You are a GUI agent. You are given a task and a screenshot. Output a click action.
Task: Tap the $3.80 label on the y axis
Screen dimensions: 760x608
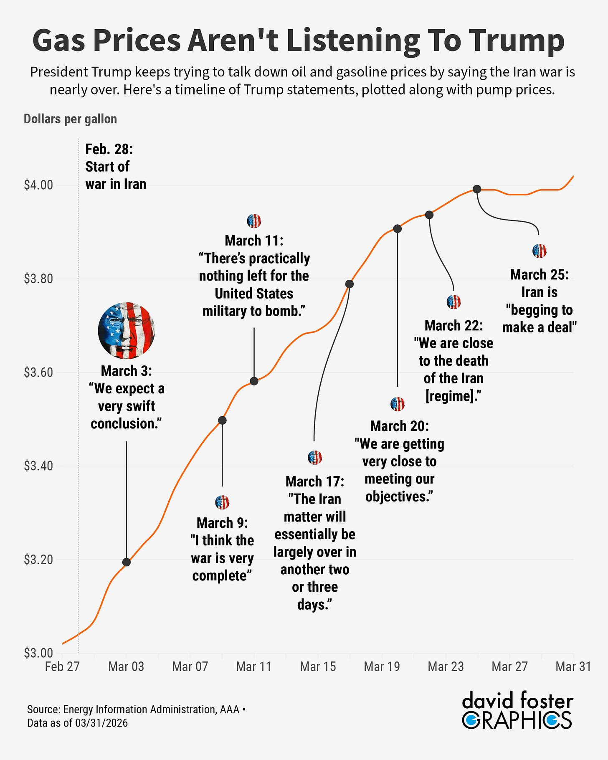pyautogui.click(x=38, y=279)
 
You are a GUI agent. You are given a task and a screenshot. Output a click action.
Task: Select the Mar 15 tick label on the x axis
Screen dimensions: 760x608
pyautogui.click(x=318, y=666)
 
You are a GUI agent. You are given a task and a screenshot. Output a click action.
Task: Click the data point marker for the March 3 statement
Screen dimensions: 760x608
pyautogui.click(x=127, y=562)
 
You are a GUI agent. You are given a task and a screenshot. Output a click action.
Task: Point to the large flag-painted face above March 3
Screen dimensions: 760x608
pyautogui.click(x=127, y=330)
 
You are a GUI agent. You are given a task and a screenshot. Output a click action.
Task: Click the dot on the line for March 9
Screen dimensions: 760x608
pyautogui.click(x=222, y=420)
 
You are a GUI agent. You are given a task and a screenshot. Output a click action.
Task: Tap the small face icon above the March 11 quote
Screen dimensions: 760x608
pyautogui.click(x=254, y=220)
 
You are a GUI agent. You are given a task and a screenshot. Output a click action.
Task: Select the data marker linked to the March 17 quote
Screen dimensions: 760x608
pyautogui.click(x=350, y=284)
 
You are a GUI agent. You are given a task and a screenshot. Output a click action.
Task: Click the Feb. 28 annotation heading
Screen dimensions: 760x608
pyautogui.click(x=109, y=149)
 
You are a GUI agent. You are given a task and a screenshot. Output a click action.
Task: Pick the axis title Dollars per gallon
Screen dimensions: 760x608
pyautogui.click(x=70, y=119)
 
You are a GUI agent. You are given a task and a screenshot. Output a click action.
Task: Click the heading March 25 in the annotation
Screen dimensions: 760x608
pyautogui.click(x=539, y=274)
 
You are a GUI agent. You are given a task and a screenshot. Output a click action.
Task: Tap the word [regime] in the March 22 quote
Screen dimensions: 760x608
pyautogui.click(x=451, y=396)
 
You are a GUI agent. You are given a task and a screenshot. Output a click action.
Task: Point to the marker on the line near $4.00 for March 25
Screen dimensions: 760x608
pyautogui.click(x=477, y=189)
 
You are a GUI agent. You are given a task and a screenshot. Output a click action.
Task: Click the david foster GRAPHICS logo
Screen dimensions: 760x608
pyautogui.click(x=517, y=710)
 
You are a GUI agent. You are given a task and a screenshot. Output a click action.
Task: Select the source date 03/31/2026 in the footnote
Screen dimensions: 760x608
pyautogui.click(x=101, y=723)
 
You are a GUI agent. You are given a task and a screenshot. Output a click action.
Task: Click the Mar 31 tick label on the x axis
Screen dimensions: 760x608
pyautogui.click(x=573, y=666)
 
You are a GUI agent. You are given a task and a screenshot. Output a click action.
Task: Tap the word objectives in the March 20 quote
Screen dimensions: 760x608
pyautogui.click(x=397, y=497)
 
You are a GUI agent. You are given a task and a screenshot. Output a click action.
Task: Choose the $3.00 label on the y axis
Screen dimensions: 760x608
pyautogui.click(x=38, y=653)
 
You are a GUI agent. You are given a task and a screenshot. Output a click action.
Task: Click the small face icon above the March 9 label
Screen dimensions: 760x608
pyautogui.click(x=222, y=502)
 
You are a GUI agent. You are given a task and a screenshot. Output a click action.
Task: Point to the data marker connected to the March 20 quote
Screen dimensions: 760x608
pyautogui.click(x=398, y=228)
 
